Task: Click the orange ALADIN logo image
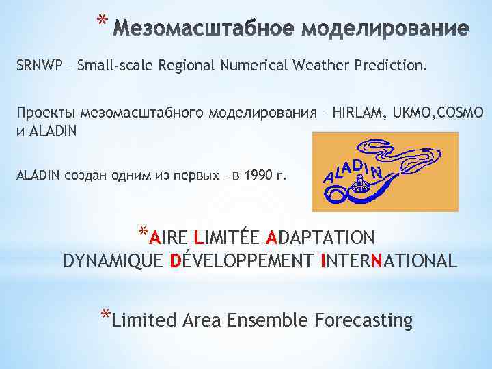tap(385, 172)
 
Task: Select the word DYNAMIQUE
tap(112, 260)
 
